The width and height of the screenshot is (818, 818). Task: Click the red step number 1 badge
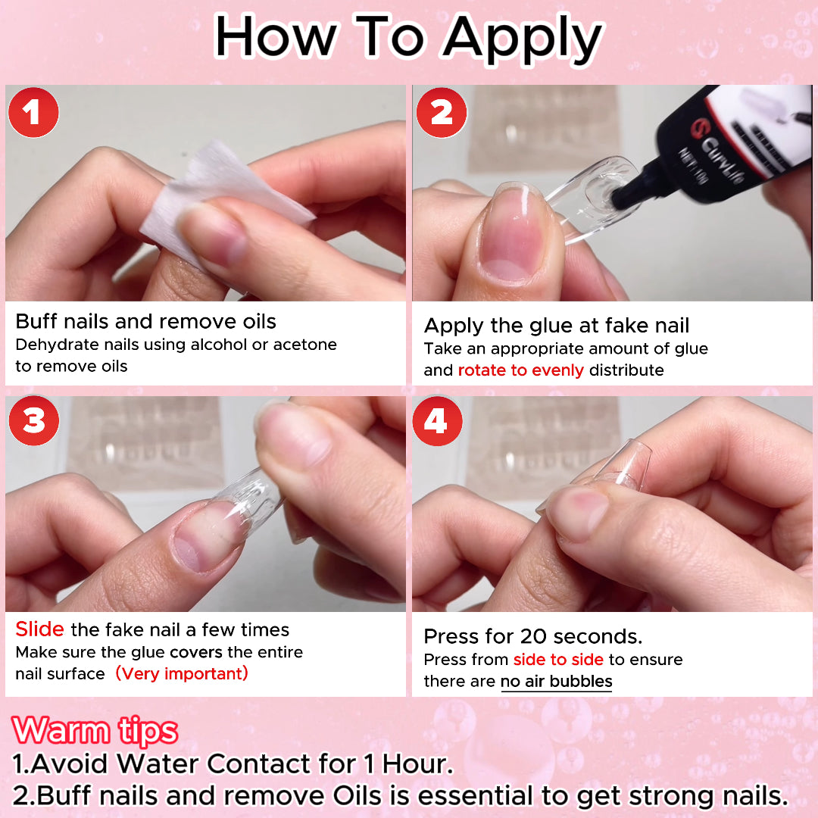[x=33, y=113]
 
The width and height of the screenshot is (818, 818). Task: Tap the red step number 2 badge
[x=441, y=113]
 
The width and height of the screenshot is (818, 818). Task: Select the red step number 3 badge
[x=33, y=420]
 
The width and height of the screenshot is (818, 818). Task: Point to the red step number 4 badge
[x=436, y=420]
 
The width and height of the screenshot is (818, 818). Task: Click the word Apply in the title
[x=523, y=38]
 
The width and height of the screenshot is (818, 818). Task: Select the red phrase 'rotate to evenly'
[x=520, y=370]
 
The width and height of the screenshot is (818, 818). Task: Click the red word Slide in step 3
[x=40, y=629]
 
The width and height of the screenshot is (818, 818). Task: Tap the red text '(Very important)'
[x=182, y=673]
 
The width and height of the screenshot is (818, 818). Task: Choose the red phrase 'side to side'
[x=558, y=660]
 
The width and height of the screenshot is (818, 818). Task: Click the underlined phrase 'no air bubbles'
[x=556, y=682]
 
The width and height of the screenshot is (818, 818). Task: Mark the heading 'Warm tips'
[x=95, y=731]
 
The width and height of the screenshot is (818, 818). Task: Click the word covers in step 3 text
[x=195, y=652]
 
